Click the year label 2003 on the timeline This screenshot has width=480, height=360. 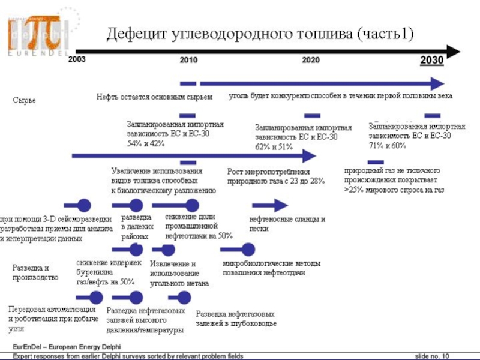tap(76, 60)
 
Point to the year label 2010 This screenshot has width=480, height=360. tap(188, 61)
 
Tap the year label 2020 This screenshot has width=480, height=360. tap(310, 61)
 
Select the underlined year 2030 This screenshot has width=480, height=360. tap(431, 60)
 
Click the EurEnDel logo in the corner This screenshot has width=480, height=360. tap(38, 34)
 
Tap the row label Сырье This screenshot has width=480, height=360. tap(25, 100)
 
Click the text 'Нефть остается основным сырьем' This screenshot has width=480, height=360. tap(155, 97)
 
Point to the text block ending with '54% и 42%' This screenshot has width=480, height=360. tap(175, 134)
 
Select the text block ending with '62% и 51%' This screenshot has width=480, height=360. tap(303, 137)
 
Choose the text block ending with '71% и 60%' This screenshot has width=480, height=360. tap(416, 136)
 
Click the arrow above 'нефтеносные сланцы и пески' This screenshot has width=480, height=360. tap(270, 206)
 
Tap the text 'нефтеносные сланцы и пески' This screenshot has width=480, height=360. tap(287, 224)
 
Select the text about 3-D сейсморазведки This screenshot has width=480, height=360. tap(56, 229)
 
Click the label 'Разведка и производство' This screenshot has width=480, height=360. tap(35, 272)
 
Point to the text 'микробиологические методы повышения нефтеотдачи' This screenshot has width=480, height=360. tap(271, 268)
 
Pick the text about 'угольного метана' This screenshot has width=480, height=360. tap(179, 274)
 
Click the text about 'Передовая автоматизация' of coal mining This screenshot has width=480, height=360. tap(53, 319)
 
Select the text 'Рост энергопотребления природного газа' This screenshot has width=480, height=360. tap(275, 176)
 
